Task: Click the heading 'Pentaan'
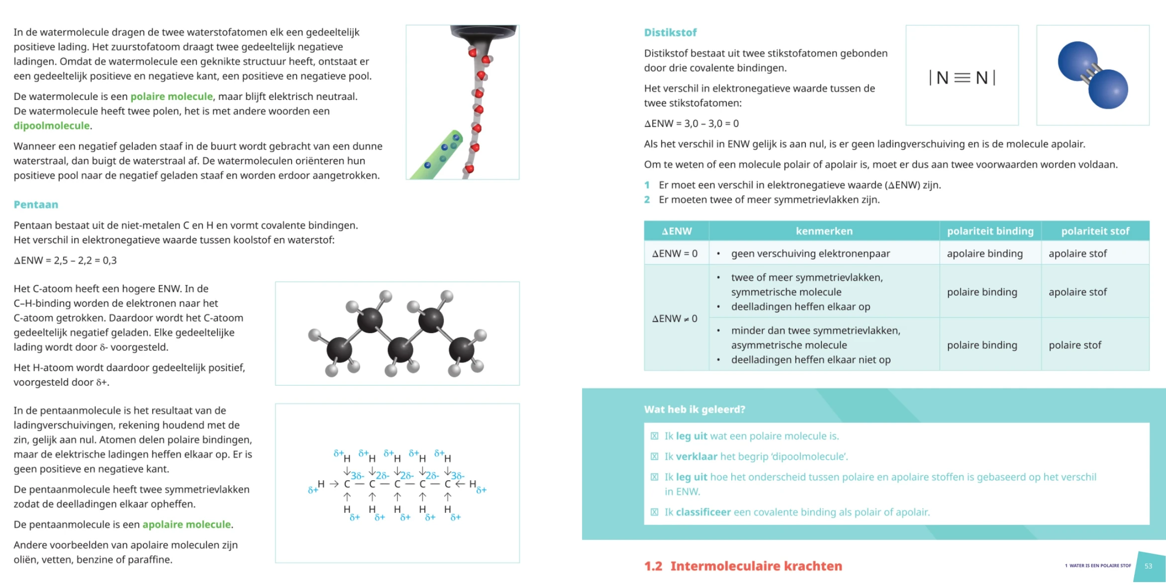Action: [36, 204]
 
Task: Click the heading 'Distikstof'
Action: [670, 32]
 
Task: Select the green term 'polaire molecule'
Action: [172, 96]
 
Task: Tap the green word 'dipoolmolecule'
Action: [52, 126]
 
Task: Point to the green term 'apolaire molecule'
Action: [187, 524]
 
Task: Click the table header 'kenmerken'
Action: [824, 231]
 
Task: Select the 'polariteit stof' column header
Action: [1095, 231]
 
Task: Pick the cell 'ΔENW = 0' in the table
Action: [675, 253]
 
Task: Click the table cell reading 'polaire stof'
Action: [1074, 345]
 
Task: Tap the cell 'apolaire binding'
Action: [984, 253]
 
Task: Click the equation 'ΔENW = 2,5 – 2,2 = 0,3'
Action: [65, 260]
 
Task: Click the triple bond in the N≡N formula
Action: [962, 78]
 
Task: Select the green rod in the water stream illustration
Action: [437, 155]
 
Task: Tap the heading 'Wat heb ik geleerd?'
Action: [694, 409]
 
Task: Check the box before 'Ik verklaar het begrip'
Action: [654, 456]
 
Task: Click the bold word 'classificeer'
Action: [703, 512]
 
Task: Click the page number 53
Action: [1148, 566]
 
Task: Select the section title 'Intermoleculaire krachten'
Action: [756, 566]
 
